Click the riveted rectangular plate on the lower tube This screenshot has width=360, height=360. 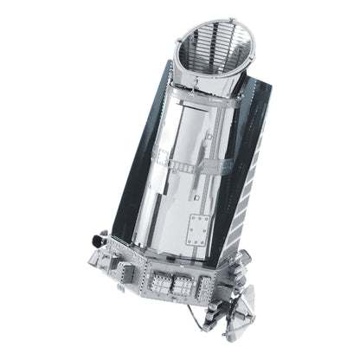click(x=198, y=230)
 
